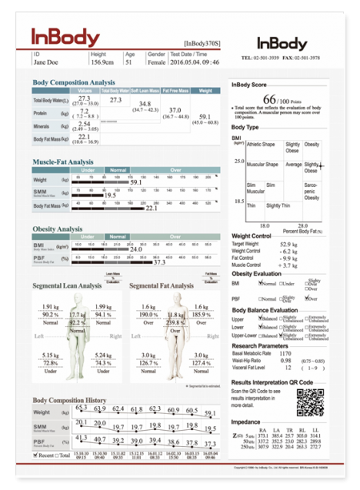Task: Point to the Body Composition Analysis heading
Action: click(74, 82)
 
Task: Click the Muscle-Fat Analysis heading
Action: click(63, 161)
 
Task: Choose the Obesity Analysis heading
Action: click(58, 229)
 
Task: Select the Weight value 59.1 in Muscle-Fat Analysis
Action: click(136, 182)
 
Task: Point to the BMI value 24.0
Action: click(136, 249)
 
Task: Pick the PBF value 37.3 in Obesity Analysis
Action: click(159, 261)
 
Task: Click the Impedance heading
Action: click(246, 421)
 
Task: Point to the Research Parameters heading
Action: click(261, 346)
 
